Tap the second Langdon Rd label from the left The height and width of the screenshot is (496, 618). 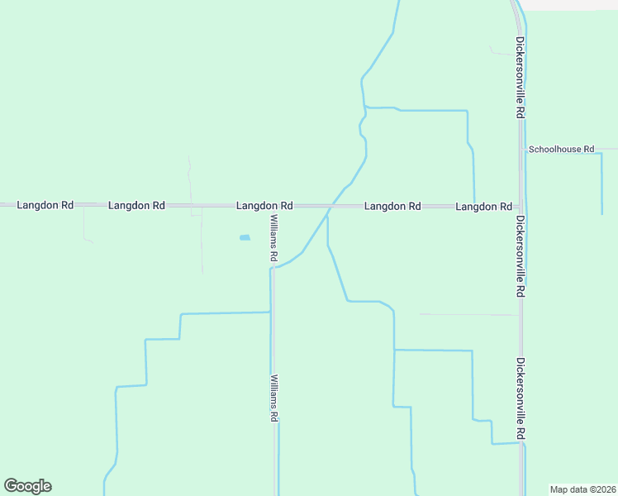pos(136,205)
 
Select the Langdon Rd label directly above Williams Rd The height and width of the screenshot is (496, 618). pos(264,205)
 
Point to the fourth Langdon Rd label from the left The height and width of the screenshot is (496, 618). pos(393,205)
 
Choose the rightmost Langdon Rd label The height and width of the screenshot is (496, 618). pos(483,205)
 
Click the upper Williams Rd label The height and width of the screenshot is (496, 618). pos(273,239)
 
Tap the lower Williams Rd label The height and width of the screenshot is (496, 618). pos(273,398)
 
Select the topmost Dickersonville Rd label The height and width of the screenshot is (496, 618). pos(521,76)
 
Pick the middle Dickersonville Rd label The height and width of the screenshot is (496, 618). pos(521,256)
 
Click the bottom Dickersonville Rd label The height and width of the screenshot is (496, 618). pos(521,398)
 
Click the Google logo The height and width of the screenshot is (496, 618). pos(27,486)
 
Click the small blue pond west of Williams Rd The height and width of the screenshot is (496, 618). pos(245,238)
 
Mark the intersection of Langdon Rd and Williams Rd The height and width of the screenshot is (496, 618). pos(273,205)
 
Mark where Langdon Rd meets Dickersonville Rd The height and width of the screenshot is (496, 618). pos(521,205)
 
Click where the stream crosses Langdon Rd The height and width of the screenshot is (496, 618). pos(334,205)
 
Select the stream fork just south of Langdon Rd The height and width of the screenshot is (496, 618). pos(328,217)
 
